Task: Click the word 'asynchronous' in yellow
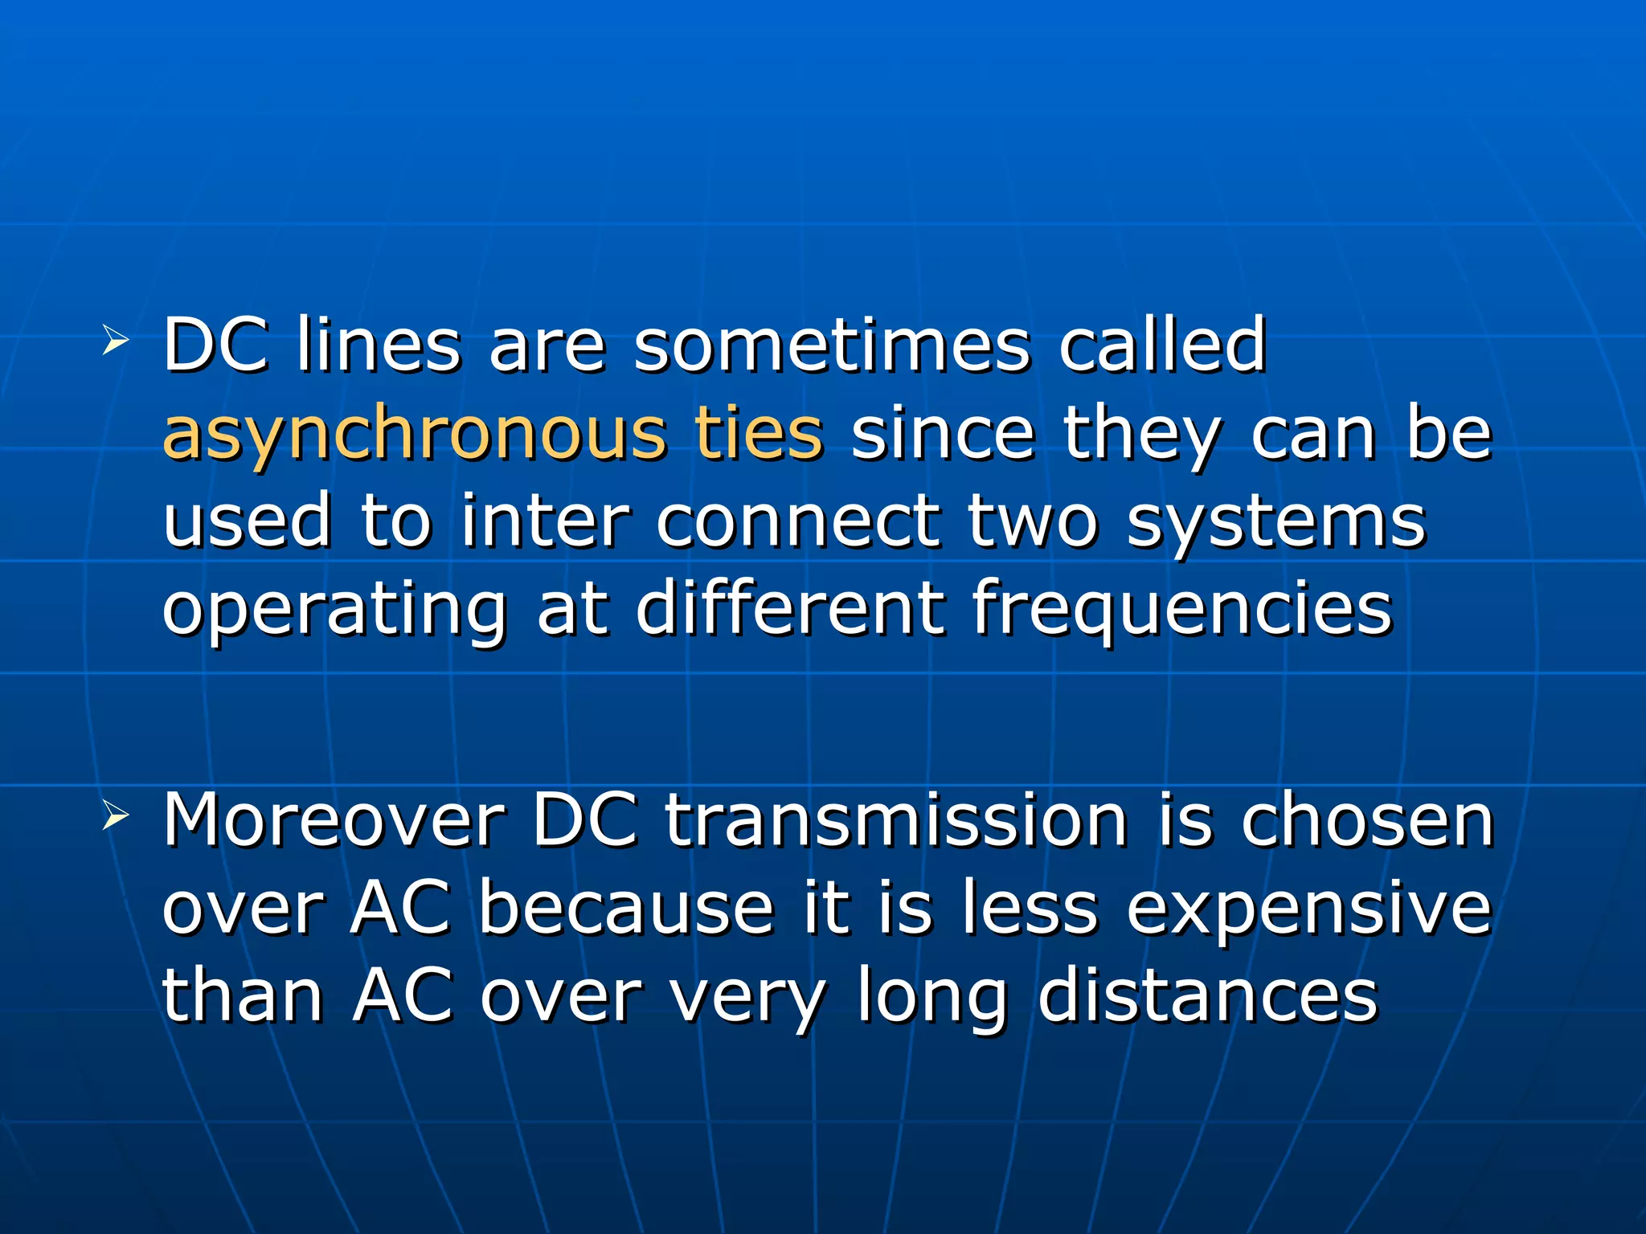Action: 415,435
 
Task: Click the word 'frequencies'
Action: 1182,611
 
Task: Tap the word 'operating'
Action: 335,611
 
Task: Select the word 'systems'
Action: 1276,523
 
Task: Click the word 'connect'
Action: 798,521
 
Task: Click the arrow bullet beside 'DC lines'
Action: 115,342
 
